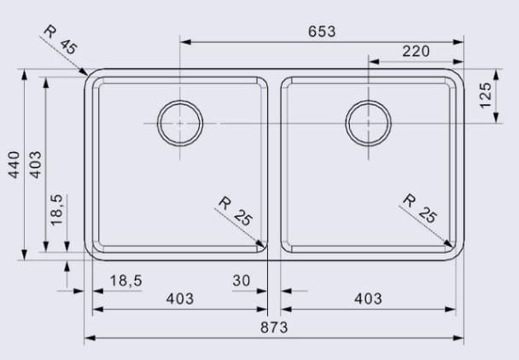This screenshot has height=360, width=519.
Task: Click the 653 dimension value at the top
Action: tap(322, 31)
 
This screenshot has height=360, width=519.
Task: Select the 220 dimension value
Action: tap(416, 51)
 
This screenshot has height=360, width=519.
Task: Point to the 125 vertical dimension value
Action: tap(486, 95)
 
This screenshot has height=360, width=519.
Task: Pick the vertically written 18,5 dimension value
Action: tap(56, 210)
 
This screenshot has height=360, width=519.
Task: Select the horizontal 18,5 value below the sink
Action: tap(125, 280)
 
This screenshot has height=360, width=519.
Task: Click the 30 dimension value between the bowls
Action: tap(241, 280)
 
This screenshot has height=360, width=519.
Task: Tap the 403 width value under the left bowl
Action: tap(179, 299)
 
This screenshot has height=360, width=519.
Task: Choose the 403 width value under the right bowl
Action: tap(368, 299)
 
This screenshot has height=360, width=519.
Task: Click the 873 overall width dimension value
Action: tap(274, 328)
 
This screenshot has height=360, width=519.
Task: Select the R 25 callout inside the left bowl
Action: tap(236, 211)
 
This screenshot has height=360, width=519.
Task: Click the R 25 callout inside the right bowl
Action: tap(420, 209)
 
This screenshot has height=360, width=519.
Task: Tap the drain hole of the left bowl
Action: tap(180, 123)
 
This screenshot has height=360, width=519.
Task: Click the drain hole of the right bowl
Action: tap(368, 123)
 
